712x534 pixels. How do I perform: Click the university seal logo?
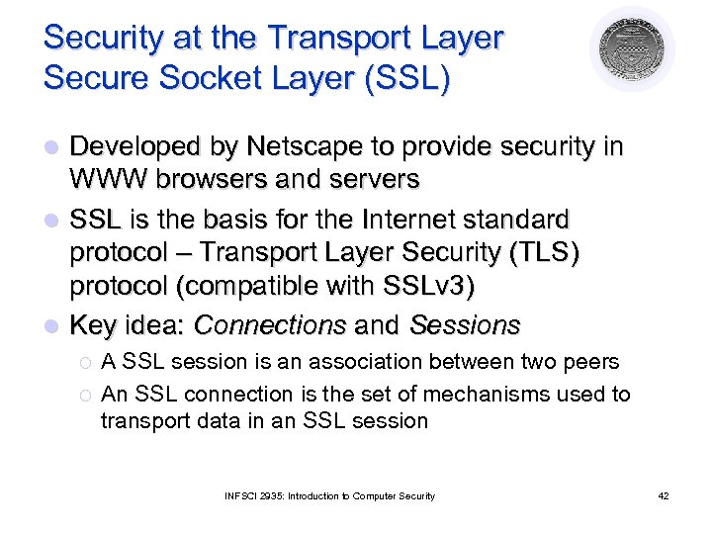pos(632,50)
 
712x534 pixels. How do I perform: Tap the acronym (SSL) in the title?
pos(404,76)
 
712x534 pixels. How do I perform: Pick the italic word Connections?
pos(269,324)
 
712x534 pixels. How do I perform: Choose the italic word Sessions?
pos(464,324)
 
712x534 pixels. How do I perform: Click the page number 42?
pos(663,495)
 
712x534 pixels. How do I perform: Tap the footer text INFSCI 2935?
pos(250,495)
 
